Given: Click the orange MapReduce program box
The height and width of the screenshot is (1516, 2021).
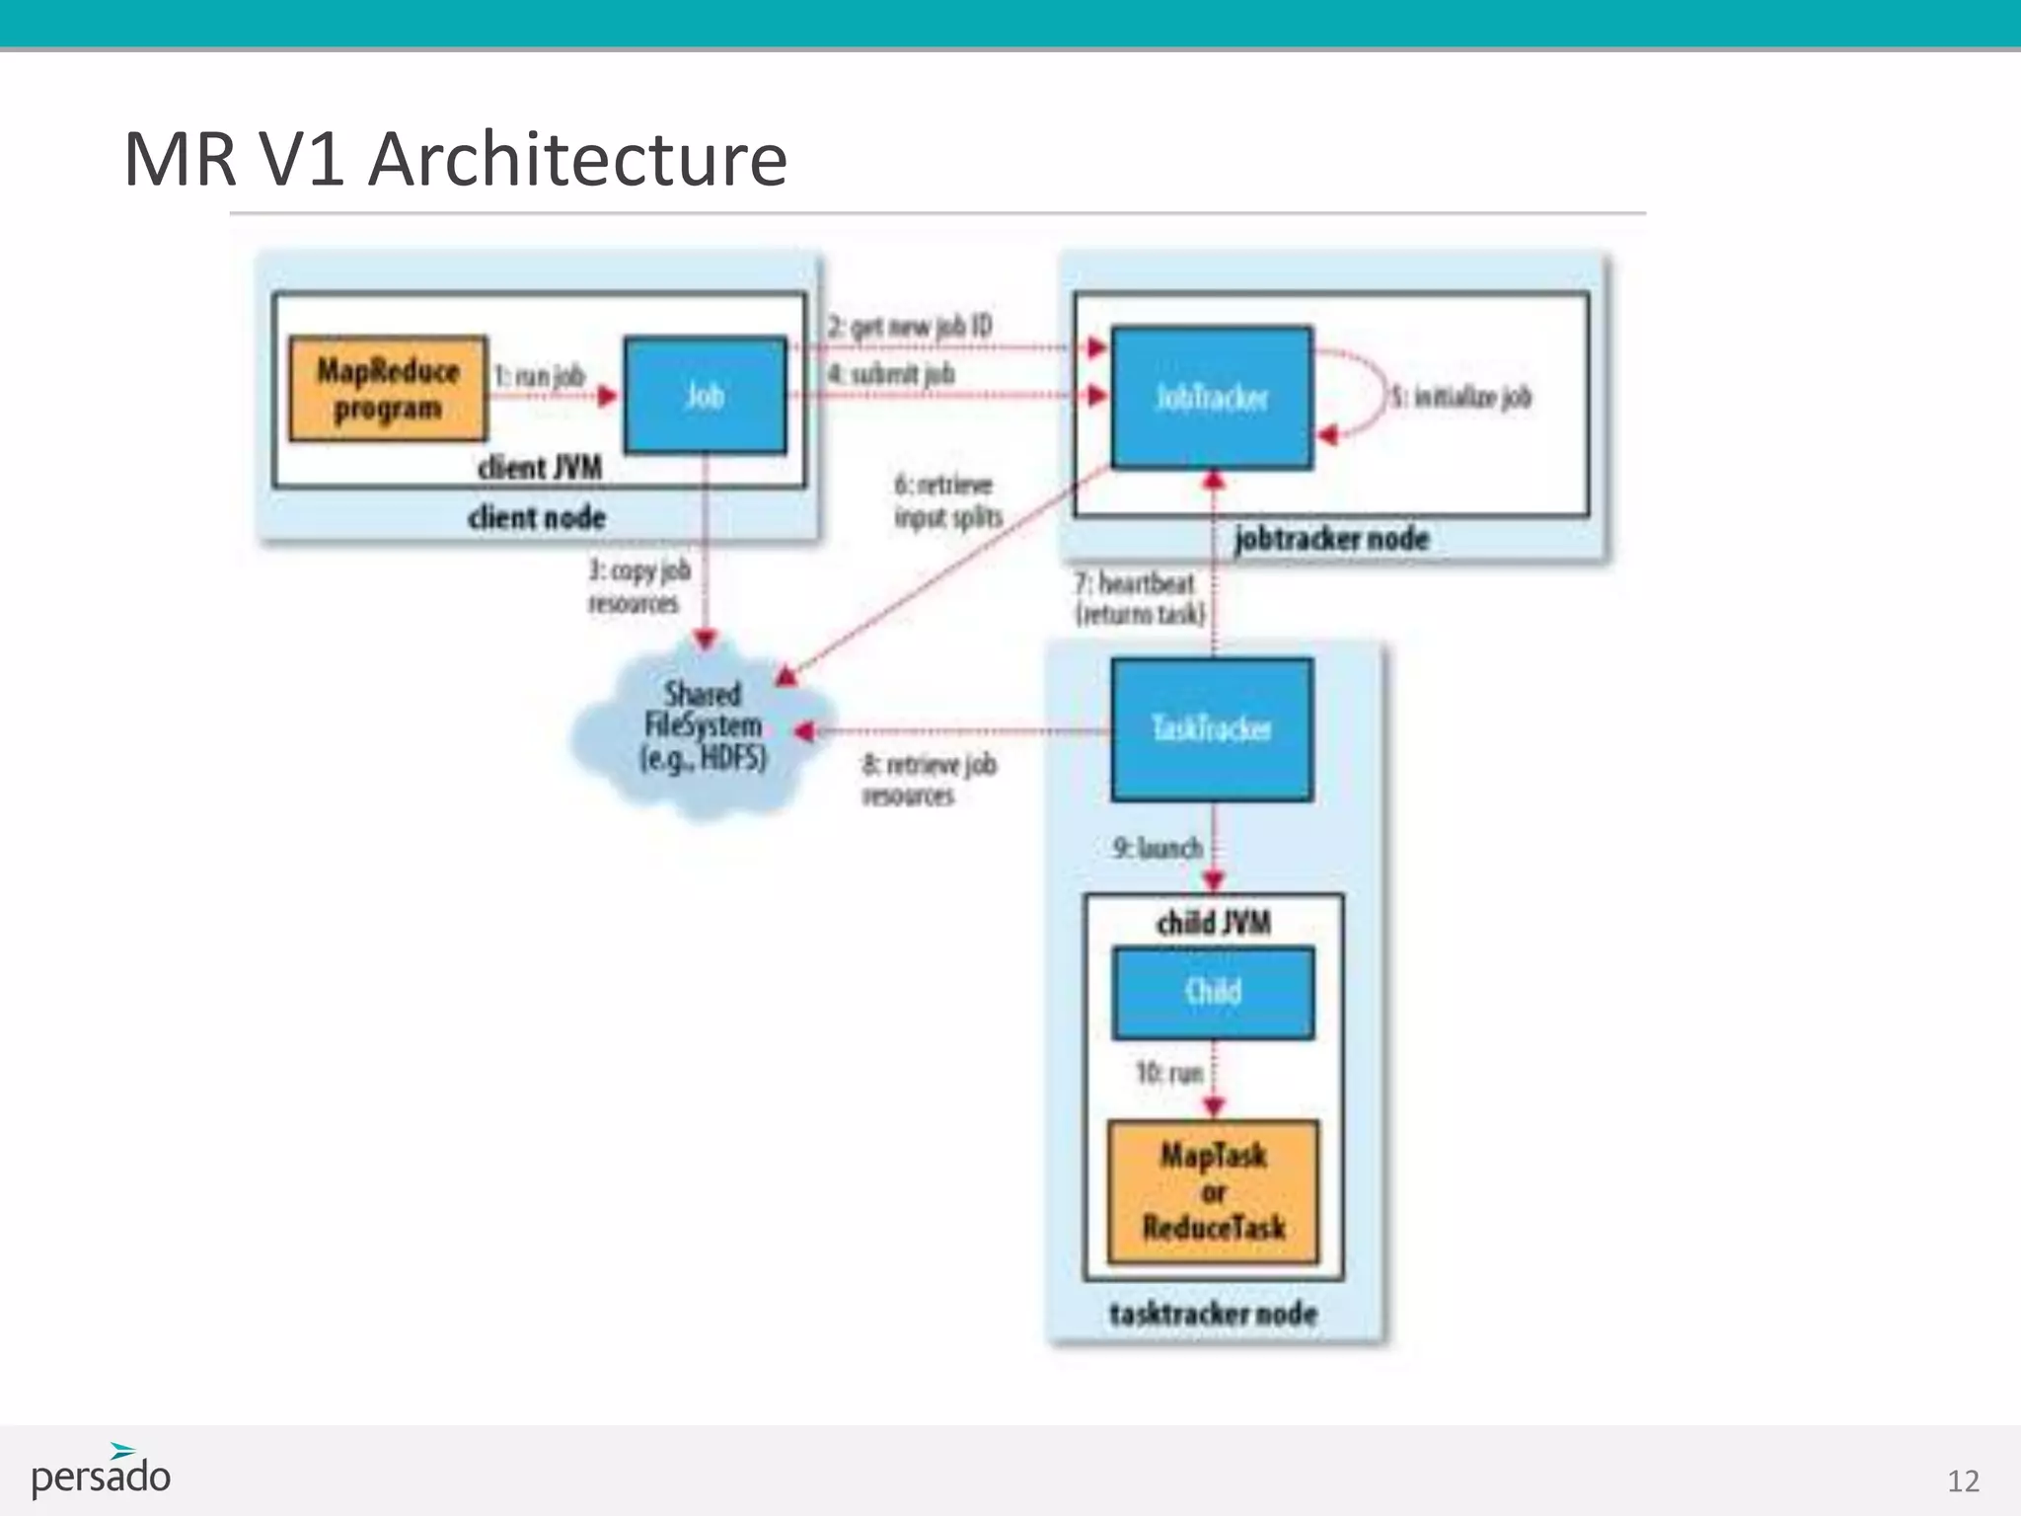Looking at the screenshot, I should [388, 389].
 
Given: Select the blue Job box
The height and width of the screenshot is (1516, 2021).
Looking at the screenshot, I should [706, 396].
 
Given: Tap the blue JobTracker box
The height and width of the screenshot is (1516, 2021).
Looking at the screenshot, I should [1212, 397].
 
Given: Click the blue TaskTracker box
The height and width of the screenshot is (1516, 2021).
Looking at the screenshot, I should [1212, 729].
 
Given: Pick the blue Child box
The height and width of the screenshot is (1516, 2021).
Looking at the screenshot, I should [1213, 992].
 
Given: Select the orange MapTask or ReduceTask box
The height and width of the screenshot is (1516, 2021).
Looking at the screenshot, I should [1213, 1192].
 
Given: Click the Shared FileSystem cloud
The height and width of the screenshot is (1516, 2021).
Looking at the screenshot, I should [703, 727].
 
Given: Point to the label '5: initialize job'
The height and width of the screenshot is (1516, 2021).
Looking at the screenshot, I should [1461, 397].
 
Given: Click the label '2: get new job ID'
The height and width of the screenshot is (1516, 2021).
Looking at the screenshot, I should [909, 327].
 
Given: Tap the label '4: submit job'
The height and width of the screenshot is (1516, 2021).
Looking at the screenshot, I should [891, 374].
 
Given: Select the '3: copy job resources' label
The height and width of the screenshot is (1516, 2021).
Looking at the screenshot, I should [638, 586].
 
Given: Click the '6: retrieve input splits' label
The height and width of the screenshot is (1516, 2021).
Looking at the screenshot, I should [946, 500].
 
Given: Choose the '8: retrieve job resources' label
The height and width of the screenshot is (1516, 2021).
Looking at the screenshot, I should [928, 780].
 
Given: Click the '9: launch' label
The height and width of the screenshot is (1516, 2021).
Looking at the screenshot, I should [1158, 848].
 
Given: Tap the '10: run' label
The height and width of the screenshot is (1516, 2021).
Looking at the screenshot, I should [1169, 1072].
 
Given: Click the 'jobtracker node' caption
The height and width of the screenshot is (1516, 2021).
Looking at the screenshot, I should [1331, 539].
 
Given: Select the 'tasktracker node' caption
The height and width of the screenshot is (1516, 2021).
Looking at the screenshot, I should [1213, 1314].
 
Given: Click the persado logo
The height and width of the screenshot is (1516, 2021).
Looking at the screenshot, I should [101, 1473].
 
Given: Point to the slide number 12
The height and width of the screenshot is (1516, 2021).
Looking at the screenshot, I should [1963, 1480].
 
